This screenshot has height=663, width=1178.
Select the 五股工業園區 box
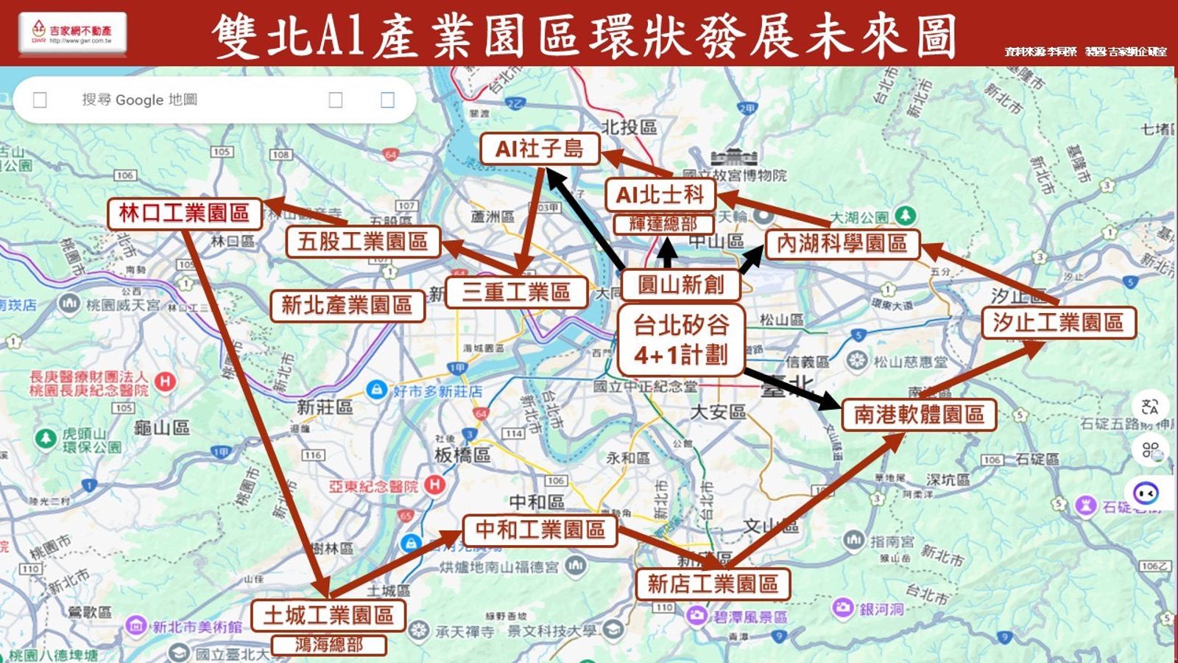point(363,242)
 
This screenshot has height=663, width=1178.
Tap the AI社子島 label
point(539,149)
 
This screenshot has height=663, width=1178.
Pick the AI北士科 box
point(660,195)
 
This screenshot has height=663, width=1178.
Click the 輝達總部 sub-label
point(663,224)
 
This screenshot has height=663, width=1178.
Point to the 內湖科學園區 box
point(842,243)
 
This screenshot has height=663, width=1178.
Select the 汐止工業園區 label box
point(1058,323)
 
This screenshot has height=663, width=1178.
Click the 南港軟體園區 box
point(918,415)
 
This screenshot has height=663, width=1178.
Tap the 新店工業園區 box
point(713,584)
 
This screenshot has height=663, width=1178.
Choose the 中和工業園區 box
point(540,530)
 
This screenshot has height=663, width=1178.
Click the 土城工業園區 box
point(328,615)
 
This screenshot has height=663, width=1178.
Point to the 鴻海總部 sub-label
point(328,645)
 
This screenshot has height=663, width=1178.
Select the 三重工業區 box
point(515,292)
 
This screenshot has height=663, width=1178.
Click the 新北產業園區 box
point(347,305)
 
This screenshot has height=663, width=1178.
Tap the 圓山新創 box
point(680,284)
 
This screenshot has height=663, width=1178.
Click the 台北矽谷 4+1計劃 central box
point(680,340)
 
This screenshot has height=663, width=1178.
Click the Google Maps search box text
point(140,99)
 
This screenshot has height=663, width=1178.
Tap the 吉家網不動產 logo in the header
point(72,33)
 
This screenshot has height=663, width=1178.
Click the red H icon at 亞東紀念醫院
point(434,485)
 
